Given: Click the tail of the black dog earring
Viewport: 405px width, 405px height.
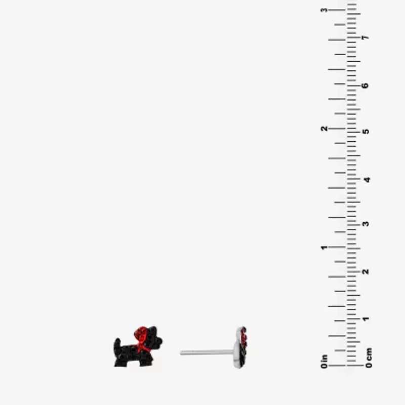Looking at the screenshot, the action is click(x=117, y=343).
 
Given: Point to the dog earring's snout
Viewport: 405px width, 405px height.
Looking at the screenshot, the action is click(x=158, y=341).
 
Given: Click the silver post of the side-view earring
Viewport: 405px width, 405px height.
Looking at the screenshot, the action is click(x=207, y=352).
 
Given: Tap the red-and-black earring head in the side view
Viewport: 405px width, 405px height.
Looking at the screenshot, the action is click(x=240, y=347).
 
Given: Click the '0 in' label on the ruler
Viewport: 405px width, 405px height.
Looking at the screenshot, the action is click(x=324, y=361).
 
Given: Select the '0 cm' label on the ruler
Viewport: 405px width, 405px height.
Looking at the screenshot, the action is click(x=369, y=358).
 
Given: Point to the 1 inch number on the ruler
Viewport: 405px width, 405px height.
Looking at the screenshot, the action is click(x=324, y=248).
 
